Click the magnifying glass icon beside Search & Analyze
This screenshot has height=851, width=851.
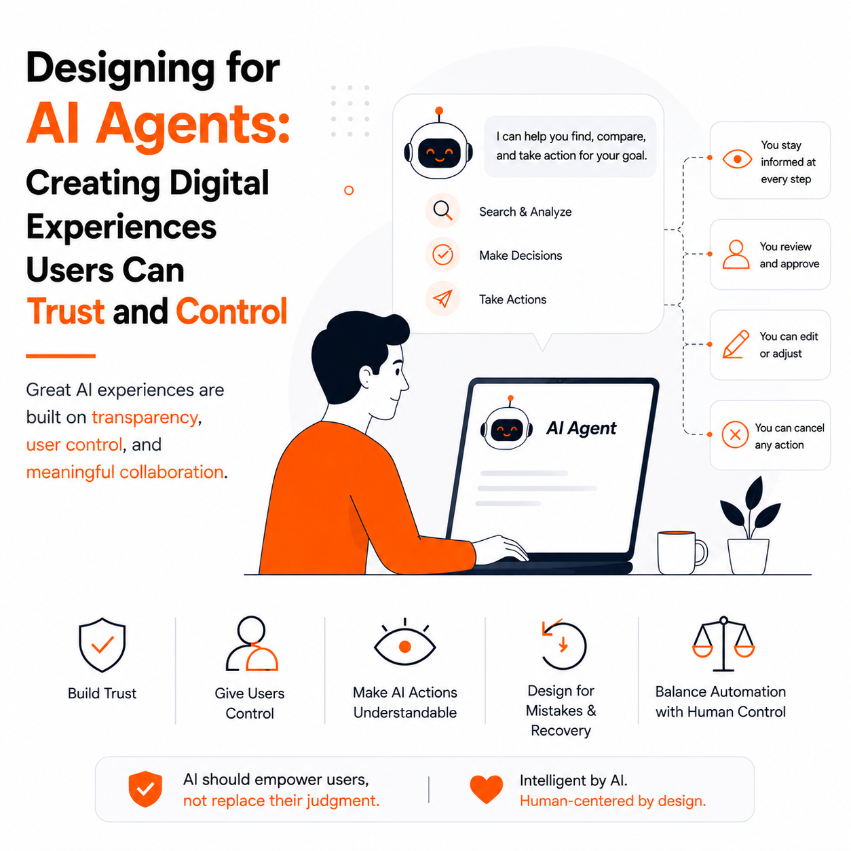[x=442, y=210]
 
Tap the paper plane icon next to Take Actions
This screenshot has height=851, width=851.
[x=442, y=299]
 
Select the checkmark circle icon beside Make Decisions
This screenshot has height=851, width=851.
[x=442, y=254]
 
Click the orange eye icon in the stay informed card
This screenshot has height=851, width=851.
[x=736, y=159]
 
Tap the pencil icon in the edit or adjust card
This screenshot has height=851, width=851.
[x=736, y=343]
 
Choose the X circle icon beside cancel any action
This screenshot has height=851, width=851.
[x=735, y=434]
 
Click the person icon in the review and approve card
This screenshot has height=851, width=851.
[x=736, y=254]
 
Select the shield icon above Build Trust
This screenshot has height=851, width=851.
[x=102, y=644]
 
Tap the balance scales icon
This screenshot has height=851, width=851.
[x=723, y=643]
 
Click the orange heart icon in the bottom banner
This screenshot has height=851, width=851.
[x=486, y=789]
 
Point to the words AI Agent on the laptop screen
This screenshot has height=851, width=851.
[x=581, y=428]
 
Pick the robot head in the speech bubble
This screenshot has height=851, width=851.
[x=438, y=146]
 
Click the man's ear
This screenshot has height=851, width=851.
[x=366, y=379]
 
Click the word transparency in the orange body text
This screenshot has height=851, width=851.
[x=145, y=417]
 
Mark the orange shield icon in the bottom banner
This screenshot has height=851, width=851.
[x=145, y=789]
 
